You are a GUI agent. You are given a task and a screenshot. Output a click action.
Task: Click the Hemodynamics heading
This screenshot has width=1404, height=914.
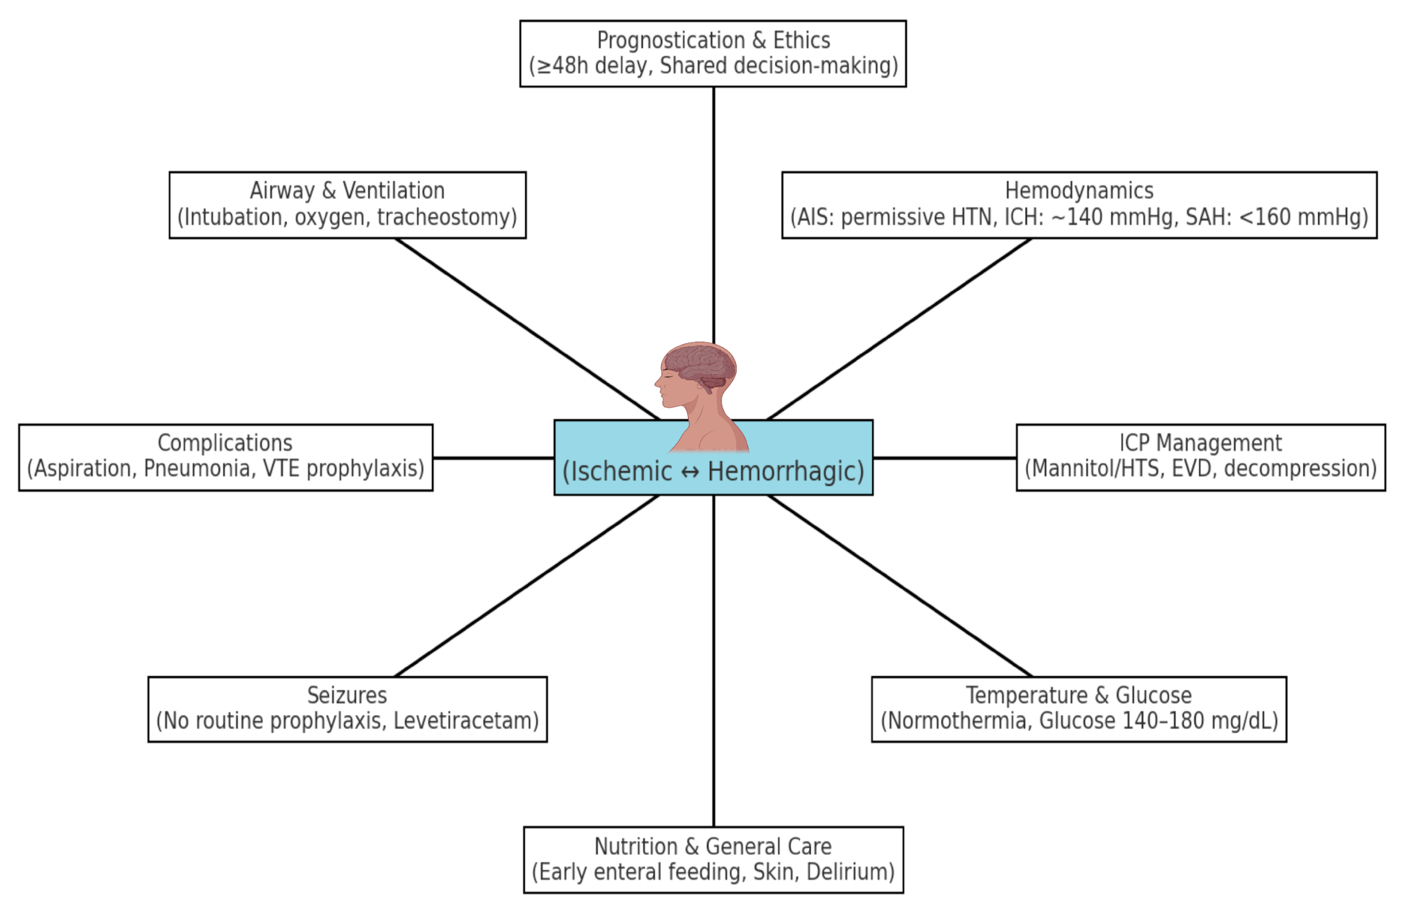tap(1079, 191)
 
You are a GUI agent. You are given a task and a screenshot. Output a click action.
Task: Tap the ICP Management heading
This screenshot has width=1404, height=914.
tap(1200, 443)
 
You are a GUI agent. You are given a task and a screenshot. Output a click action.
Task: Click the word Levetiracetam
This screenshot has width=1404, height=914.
tap(465, 721)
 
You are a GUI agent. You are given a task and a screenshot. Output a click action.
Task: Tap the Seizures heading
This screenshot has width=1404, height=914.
tap(347, 695)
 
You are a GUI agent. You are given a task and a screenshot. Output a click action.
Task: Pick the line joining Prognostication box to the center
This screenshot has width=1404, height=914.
tap(714, 213)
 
